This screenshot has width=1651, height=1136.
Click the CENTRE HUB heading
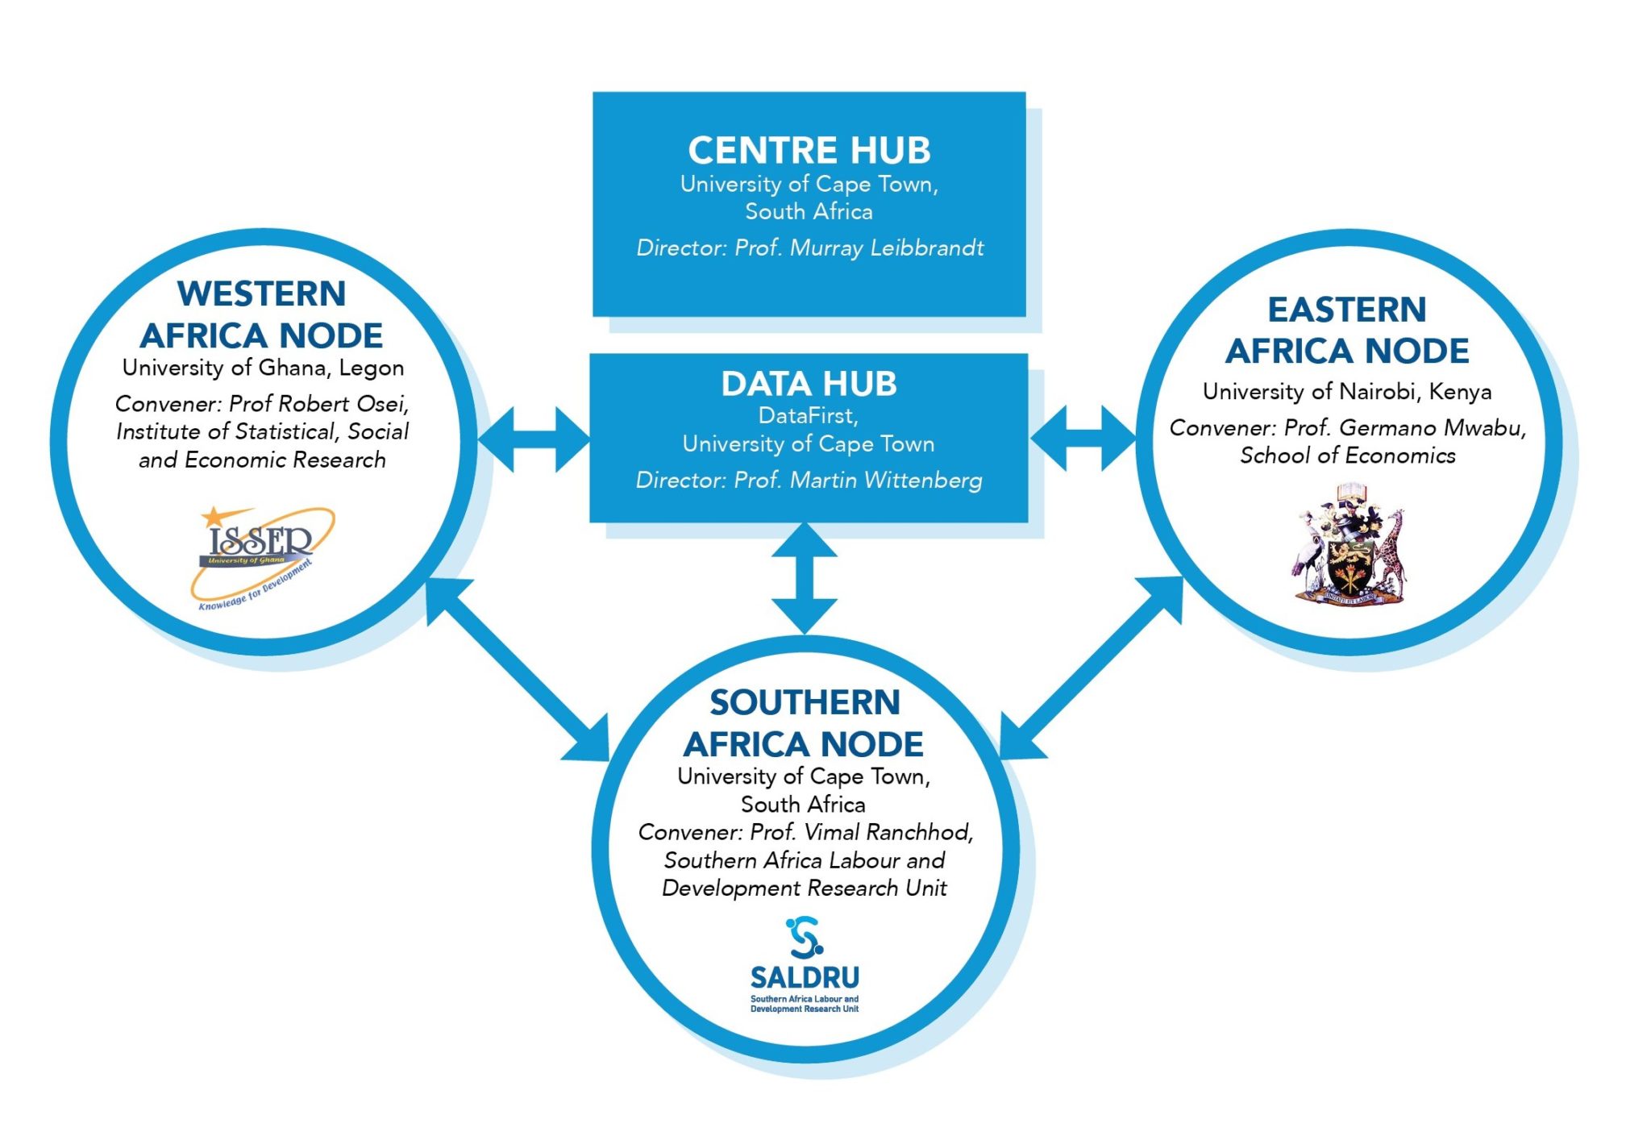(x=809, y=151)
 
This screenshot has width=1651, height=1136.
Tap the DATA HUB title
(x=809, y=384)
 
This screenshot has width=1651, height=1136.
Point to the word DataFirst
(x=806, y=416)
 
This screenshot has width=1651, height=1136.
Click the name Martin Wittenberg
(x=885, y=481)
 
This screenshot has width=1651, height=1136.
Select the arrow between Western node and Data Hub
(x=534, y=439)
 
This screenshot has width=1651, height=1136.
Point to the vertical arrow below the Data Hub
(x=804, y=577)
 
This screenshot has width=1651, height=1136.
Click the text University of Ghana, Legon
(x=263, y=368)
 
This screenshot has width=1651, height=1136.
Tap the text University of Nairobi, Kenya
(x=1346, y=392)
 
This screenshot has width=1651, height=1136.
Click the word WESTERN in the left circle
(x=261, y=293)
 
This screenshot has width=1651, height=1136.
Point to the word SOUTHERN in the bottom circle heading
(x=804, y=702)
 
